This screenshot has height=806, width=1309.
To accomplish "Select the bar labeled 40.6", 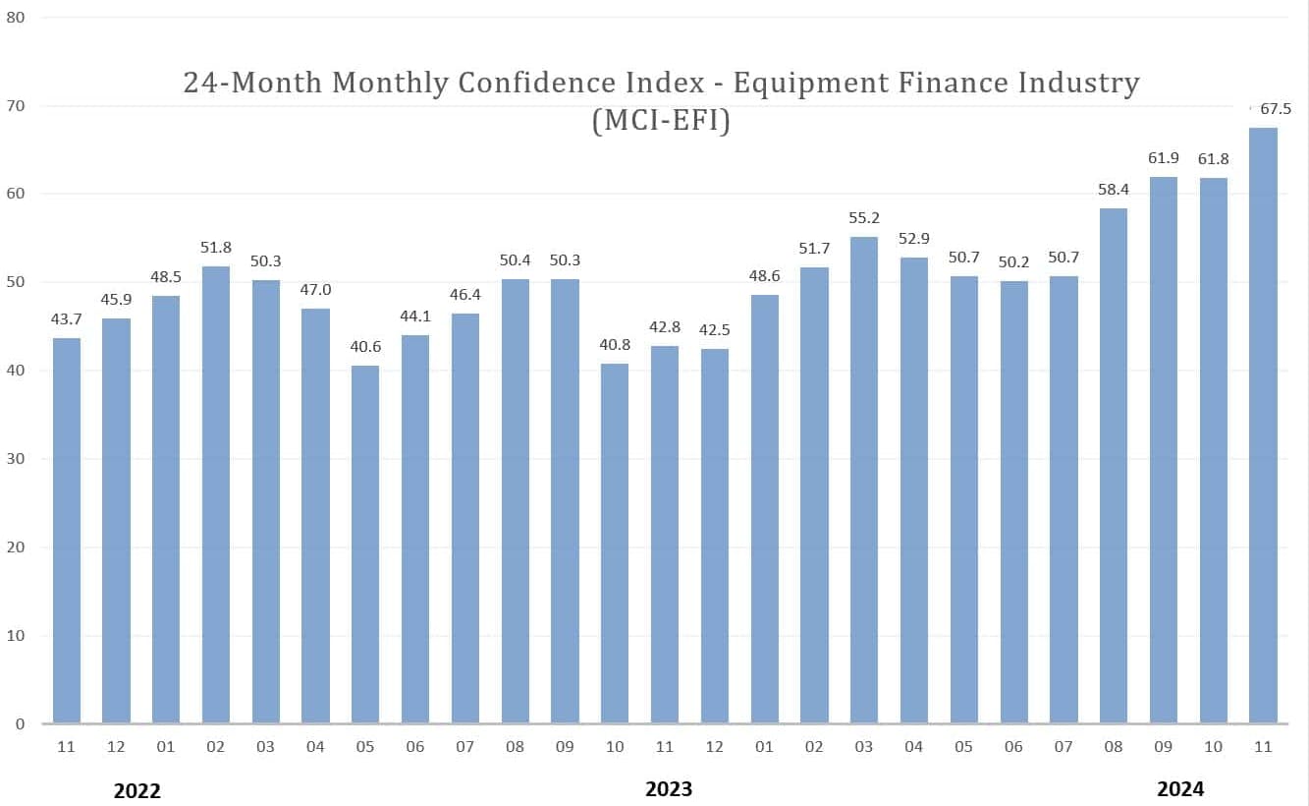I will [x=365, y=545].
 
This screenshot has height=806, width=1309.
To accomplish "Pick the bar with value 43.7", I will [x=67, y=531].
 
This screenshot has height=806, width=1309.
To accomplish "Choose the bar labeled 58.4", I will [x=1114, y=466].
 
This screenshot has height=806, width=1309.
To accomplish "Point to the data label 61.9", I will [x=1164, y=157].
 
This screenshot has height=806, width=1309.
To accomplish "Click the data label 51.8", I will [x=216, y=247].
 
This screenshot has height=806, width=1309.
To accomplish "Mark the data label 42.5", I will [x=715, y=329].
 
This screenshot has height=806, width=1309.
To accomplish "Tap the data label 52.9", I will [x=914, y=237].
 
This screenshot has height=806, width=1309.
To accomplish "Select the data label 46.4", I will [x=465, y=294].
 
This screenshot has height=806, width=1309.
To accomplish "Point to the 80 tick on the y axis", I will [x=16, y=18].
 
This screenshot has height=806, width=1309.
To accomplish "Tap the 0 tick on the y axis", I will [x=20, y=724].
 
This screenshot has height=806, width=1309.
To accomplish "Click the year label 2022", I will [x=137, y=790].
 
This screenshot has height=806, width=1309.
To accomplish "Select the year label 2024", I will [x=1179, y=788].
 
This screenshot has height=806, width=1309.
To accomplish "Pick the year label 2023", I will [x=668, y=788].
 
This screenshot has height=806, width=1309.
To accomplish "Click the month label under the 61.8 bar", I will [x=1214, y=747].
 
